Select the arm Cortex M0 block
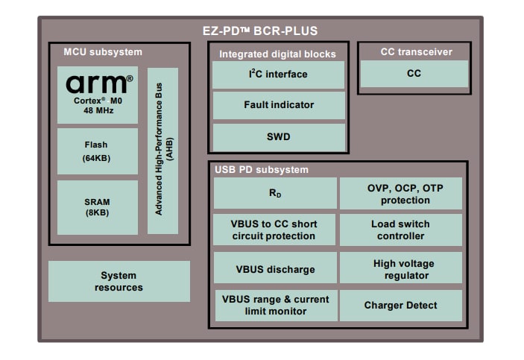[98, 95]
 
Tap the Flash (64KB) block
[98, 151]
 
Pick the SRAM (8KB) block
[98, 206]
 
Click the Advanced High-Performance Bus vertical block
[162, 151]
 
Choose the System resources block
[119, 281]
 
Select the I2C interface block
[278, 75]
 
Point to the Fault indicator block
[278, 105]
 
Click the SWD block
[278, 137]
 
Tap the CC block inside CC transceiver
[414, 74]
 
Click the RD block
[275, 194]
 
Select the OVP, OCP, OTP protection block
[401, 194]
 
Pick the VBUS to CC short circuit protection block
[275, 230]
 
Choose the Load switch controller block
[401, 230]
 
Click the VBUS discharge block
[275, 269]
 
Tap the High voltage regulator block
[401, 269]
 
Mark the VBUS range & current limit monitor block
[275, 305]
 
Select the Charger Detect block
[401, 305]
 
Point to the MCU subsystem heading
[103, 52]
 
